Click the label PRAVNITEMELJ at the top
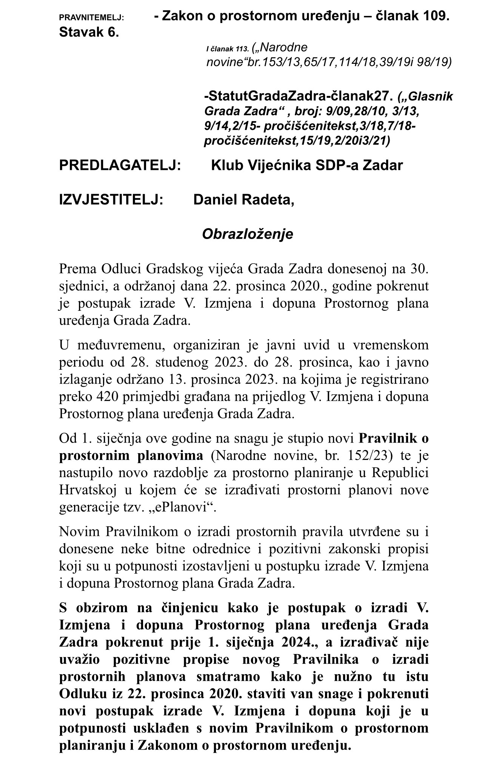click(92, 18)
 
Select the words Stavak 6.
click(89, 32)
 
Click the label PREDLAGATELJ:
click(120, 165)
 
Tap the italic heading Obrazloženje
click(247, 234)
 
